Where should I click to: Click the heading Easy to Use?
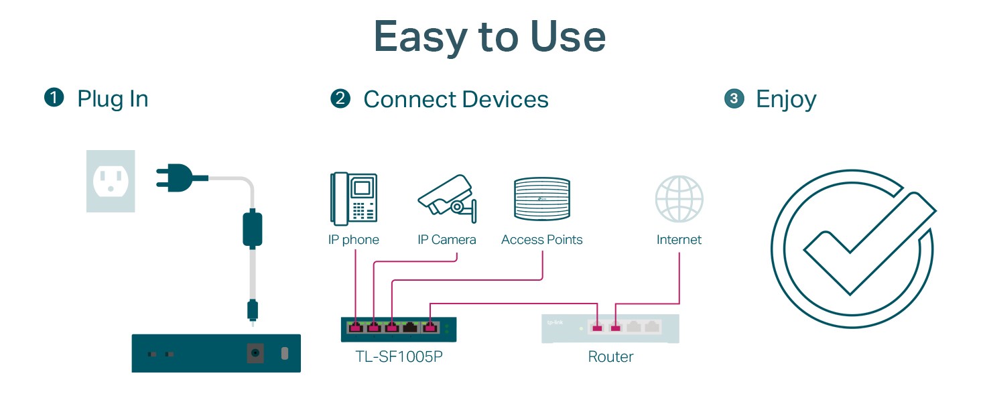(490, 38)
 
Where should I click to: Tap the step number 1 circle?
(54, 98)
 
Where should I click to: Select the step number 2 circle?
(340, 99)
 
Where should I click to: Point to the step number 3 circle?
(734, 99)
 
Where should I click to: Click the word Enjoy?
(786, 99)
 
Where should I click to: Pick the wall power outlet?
(111, 181)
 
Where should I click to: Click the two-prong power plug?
(176, 178)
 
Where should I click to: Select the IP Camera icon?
(446, 198)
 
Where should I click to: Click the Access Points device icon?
(541, 199)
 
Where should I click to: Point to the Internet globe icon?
(679, 198)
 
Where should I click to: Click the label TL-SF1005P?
(399, 356)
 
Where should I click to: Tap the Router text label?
(610, 356)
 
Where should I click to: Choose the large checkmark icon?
(854, 248)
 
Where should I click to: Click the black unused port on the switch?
(409, 328)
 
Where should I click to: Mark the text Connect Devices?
(456, 99)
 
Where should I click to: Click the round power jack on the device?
(255, 353)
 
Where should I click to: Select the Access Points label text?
(541, 240)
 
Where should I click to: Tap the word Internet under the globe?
(679, 240)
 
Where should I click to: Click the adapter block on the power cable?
(253, 228)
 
